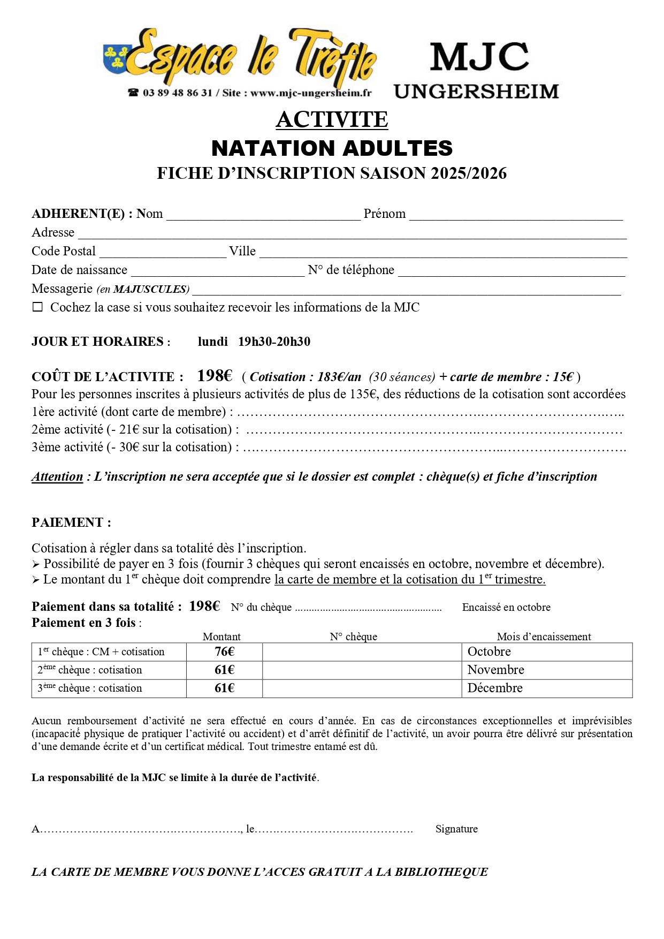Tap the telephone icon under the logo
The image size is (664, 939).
133,93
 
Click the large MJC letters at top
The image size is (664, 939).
479,57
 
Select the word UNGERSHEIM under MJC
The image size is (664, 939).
476,92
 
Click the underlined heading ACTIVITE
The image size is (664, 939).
332,119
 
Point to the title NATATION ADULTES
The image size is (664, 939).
332,148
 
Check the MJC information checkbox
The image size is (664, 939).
37,307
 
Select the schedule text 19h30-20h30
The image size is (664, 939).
274,342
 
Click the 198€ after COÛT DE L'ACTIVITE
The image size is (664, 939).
215,376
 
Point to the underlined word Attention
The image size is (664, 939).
57,476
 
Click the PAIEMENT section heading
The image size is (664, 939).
71,522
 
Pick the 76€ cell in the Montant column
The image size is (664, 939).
224,652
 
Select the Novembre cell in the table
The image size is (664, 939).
495,670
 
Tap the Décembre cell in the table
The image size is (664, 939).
495,688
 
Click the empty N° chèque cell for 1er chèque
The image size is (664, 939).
362,652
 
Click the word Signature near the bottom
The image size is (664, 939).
456,829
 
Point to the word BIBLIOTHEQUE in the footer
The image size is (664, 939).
441,872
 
